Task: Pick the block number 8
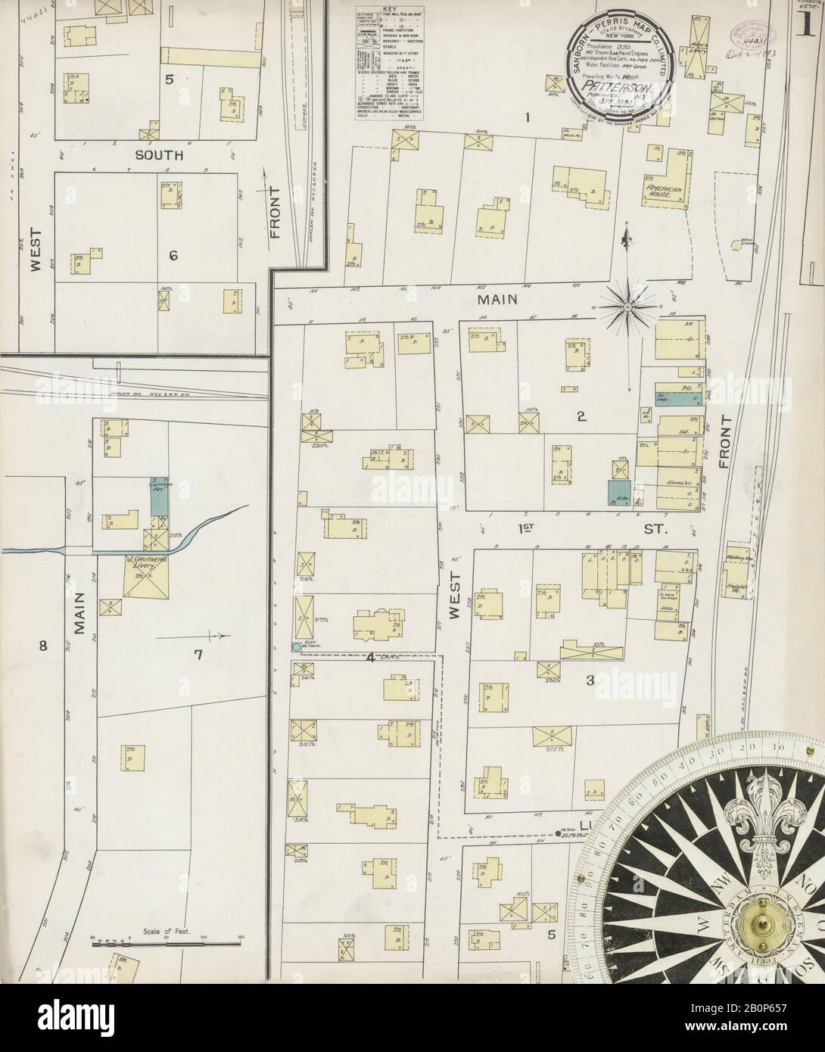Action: pos(43,646)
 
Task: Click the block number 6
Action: pos(173,256)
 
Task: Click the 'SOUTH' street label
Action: pos(159,155)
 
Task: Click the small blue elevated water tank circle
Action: pos(296,647)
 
